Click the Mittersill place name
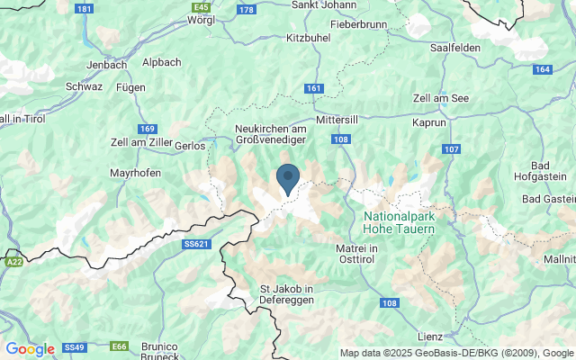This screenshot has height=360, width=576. point(338,119)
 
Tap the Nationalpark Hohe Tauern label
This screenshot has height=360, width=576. point(400,223)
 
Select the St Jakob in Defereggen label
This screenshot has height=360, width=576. point(286,294)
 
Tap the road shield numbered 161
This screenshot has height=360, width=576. point(313,88)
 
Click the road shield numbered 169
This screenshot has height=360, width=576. point(148,129)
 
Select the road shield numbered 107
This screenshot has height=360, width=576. point(451,148)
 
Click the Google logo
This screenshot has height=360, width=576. point(30,349)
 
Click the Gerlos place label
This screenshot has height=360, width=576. point(190,145)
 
